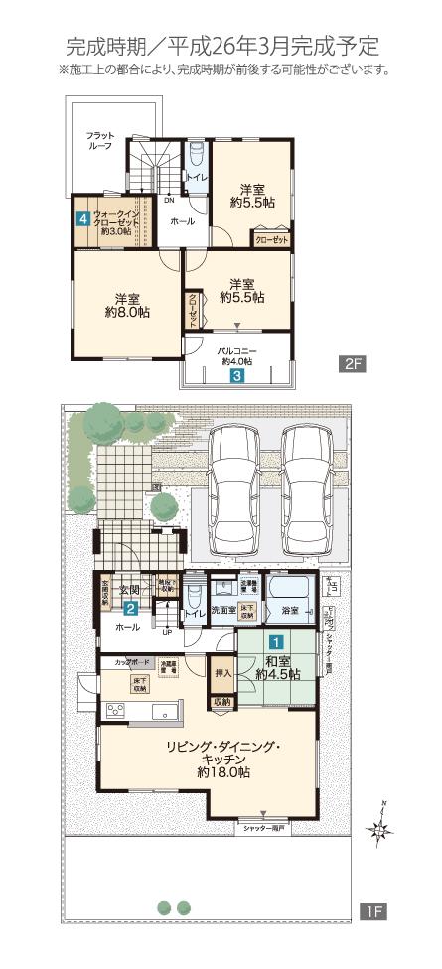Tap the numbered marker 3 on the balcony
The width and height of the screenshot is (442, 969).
pos(237,376)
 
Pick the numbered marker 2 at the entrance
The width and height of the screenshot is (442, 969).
pos(130,609)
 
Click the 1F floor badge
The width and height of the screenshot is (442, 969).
pos(372,907)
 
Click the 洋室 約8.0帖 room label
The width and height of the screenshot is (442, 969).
pos(126,306)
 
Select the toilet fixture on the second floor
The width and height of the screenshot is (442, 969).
pos(197,156)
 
